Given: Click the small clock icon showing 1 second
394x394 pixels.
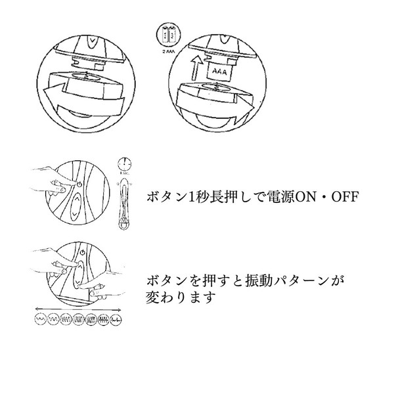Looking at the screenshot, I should [x=123, y=164].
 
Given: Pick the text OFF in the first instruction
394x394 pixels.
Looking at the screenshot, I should [x=345, y=197].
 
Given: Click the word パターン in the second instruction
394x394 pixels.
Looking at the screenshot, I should [x=302, y=281].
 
